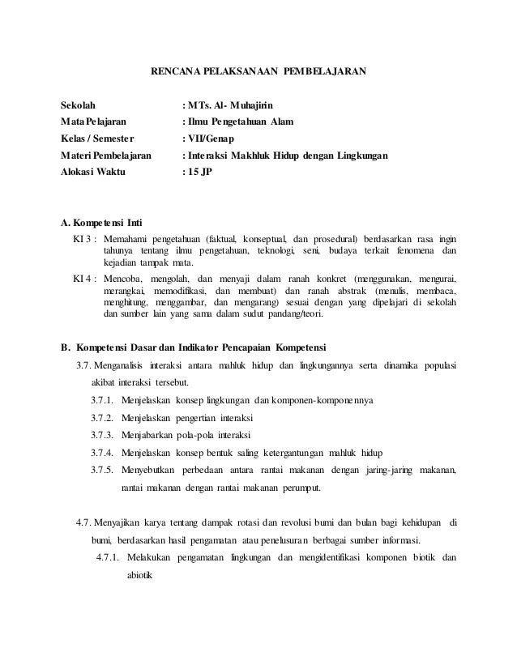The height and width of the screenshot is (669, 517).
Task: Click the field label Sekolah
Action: tap(79, 105)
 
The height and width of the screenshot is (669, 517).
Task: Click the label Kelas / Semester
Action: tap(100, 139)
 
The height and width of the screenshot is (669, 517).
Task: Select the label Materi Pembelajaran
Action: tap(106, 156)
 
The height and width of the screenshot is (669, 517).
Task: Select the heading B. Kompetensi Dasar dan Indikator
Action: tap(194, 349)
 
